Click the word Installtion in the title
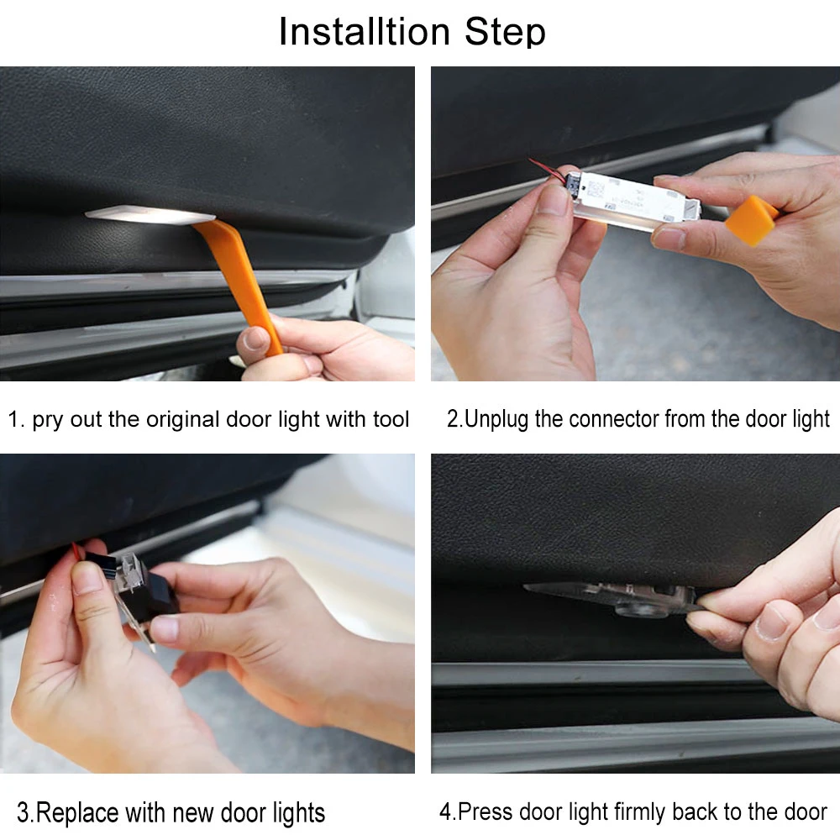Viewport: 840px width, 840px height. point(365,32)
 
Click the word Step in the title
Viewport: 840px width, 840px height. point(505,33)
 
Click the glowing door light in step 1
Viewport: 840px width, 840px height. point(150,213)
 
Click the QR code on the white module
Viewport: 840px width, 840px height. point(596,189)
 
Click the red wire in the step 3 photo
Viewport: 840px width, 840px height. point(77,551)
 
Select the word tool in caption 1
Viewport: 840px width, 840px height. point(391,419)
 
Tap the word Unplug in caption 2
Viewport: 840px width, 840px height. point(496,419)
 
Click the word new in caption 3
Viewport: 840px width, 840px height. point(193,813)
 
